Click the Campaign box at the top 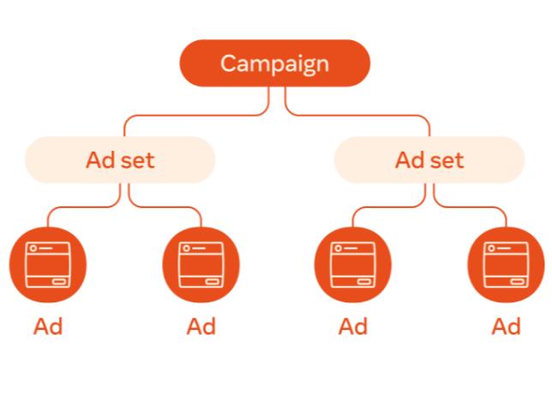[x=274, y=63]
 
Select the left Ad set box [x=120, y=160]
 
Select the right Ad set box [x=429, y=160]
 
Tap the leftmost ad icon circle [x=48, y=266]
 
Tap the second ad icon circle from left [x=201, y=266]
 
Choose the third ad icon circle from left [x=353, y=266]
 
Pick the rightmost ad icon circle [x=506, y=266]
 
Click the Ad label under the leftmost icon [x=48, y=326]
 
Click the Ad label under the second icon [x=201, y=326]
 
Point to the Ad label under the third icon [x=353, y=326]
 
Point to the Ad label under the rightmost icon [x=506, y=326]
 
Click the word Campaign [x=274, y=63]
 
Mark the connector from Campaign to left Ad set [x=189, y=114]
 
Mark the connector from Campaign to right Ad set [x=360, y=114]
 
